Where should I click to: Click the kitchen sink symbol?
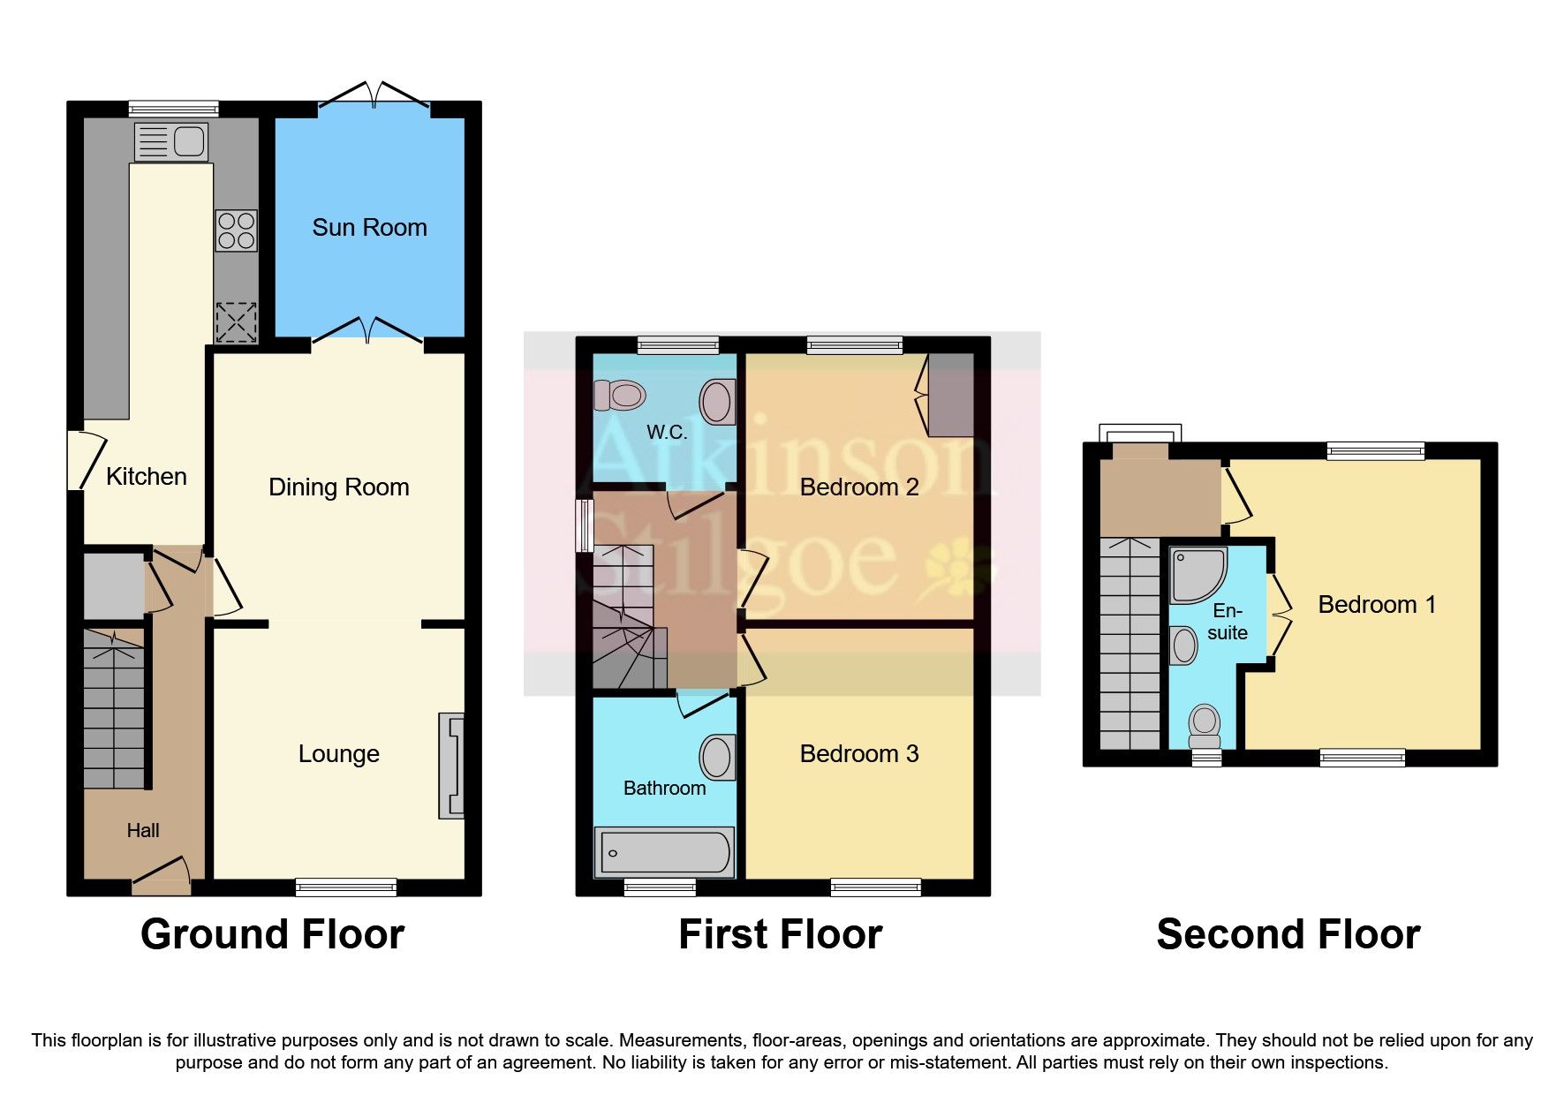pos(172,141)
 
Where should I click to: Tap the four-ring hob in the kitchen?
pos(237,230)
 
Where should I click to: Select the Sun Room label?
pos(369,228)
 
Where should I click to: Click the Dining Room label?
pos(338,487)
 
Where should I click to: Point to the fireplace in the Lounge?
pos(451,766)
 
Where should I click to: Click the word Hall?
pos(143,830)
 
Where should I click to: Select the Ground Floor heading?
pos(272,934)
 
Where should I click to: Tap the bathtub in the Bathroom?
pos(664,852)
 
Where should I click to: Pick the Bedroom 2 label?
pos(858,487)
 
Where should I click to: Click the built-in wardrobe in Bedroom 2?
pos(950,395)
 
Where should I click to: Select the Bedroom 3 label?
pos(858,754)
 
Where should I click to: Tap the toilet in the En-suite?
pos(1205,726)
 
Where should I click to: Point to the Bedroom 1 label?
pos(1376,605)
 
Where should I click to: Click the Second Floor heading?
pos(1288,934)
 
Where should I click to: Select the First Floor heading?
pos(780,934)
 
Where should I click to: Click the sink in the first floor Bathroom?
pos(717,758)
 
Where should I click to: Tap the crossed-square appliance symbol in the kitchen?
pos(237,322)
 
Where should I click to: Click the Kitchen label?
pos(147,477)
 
